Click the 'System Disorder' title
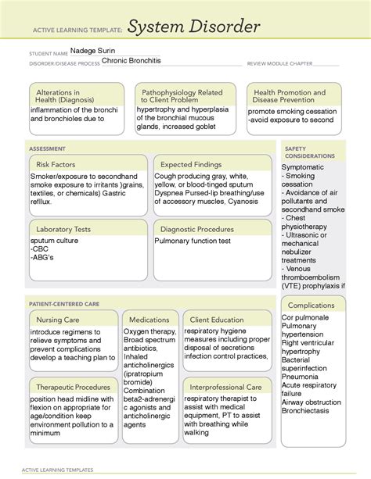click(x=193, y=29)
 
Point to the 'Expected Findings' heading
click(x=194, y=164)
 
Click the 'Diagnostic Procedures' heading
click(x=196, y=229)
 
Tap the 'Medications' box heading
click(x=149, y=320)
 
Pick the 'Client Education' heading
click(x=217, y=320)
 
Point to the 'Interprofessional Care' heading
click(x=225, y=387)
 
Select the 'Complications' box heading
click(x=312, y=305)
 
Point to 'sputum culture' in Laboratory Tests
click(x=55, y=241)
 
